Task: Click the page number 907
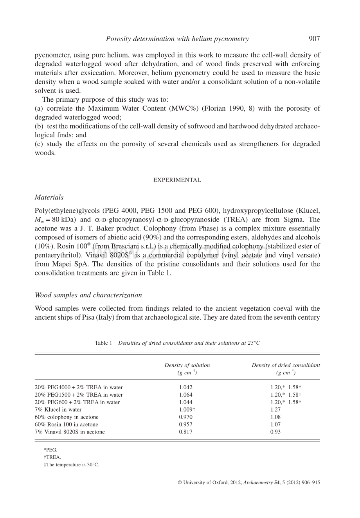pos(314,39)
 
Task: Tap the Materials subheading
pos(49,197)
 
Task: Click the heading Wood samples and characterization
pos(88,295)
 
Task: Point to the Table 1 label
pos(103,343)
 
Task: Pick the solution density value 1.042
pos(186,387)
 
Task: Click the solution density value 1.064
pos(186,395)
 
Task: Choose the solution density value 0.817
pos(186,432)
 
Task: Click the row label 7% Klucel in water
pos(58,410)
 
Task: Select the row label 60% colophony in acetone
pos(67,417)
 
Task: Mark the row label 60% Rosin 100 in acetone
pos(67,424)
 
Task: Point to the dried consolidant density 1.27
pos(275,410)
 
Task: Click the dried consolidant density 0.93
pos(275,432)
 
